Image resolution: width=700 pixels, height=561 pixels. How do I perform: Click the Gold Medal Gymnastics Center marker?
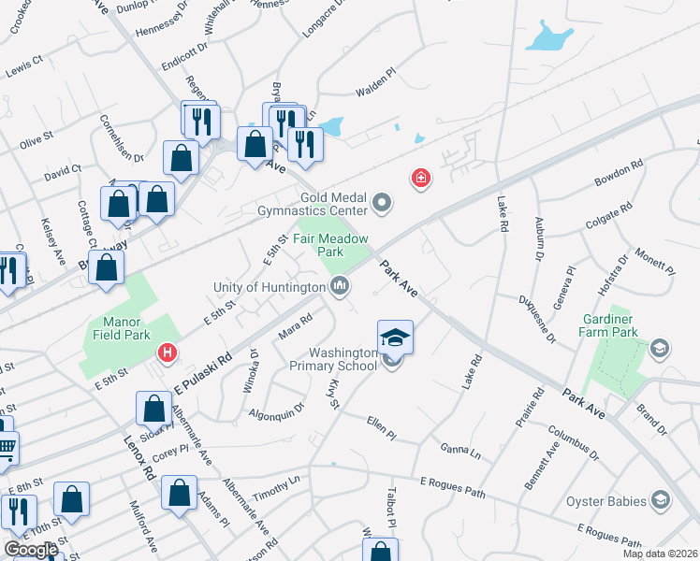(x=382, y=201)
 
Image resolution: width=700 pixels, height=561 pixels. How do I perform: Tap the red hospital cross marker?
(x=421, y=177)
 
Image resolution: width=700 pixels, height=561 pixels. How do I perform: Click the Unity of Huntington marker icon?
(x=341, y=286)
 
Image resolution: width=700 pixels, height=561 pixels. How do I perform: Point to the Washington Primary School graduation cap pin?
(x=395, y=338)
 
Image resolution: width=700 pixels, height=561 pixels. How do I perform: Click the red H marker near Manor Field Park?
(x=168, y=352)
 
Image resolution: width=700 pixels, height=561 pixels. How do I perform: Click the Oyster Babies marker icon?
(x=663, y=500)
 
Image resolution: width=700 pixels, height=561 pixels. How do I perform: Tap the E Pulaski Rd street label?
(x=202, y=373)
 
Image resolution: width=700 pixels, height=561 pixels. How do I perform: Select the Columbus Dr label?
(x=572, y=443)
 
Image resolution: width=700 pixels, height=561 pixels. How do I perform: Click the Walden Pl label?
(x=377, y=92)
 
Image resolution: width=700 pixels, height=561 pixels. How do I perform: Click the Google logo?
(x=31, y=550)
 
